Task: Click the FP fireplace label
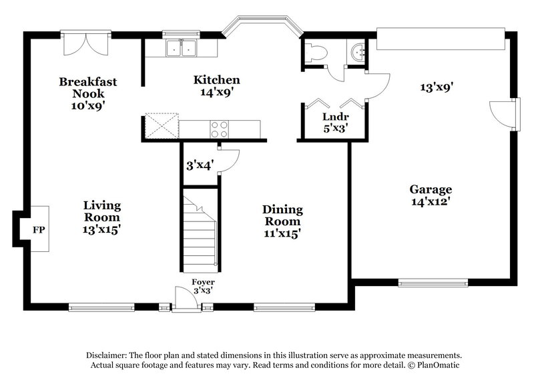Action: click(x=39, y=230)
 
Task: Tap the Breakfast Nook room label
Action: click(x=88, y=93)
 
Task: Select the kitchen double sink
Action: click(x=180, y=48)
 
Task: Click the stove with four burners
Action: click(x=219, y=127)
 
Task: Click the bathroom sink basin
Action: click(x=358, y=51)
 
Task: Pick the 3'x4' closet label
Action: click(x=199, y=165)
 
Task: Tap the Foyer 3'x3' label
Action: click(x=200, y=285)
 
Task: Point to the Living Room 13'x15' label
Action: click(x=102, y=217)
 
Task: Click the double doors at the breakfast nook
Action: click(x=79, y=45)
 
